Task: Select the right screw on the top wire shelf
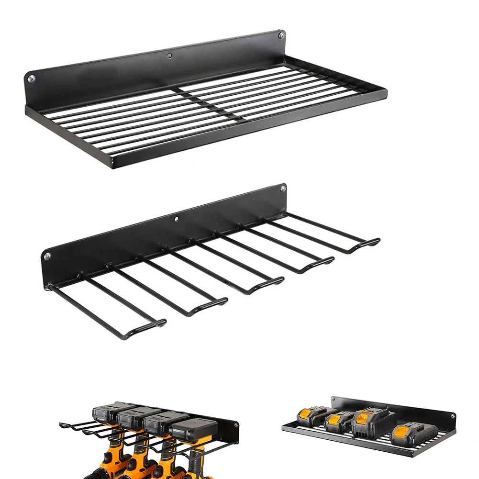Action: coord(281,35)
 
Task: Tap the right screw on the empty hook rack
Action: coord(283,189)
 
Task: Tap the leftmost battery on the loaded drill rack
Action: coord(109,412)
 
